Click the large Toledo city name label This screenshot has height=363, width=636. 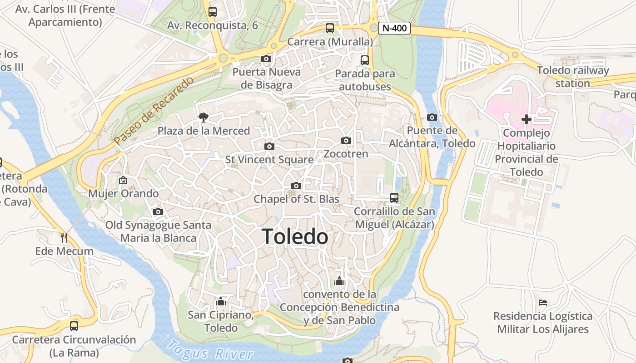295,237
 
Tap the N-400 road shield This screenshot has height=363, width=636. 394,28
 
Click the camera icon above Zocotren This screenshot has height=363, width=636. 346,141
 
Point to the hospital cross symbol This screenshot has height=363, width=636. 527,119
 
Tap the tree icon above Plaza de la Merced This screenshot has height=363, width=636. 204,118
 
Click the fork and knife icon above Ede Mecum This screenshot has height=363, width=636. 64,237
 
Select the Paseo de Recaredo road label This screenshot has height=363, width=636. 154,111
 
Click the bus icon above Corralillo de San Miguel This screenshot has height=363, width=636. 394,198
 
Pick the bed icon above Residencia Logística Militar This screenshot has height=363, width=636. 542,302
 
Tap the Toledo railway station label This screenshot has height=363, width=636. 572,77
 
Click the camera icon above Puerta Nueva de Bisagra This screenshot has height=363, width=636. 266,59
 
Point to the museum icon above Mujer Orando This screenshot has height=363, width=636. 123,180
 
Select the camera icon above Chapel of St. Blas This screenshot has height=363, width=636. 296,186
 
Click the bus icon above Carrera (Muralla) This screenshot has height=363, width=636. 330,28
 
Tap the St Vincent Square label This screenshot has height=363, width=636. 269,160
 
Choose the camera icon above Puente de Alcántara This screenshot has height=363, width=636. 432,118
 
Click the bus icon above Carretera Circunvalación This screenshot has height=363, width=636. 74,326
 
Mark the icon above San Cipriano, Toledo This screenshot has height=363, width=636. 221,301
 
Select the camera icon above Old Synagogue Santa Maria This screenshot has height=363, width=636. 158,212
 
